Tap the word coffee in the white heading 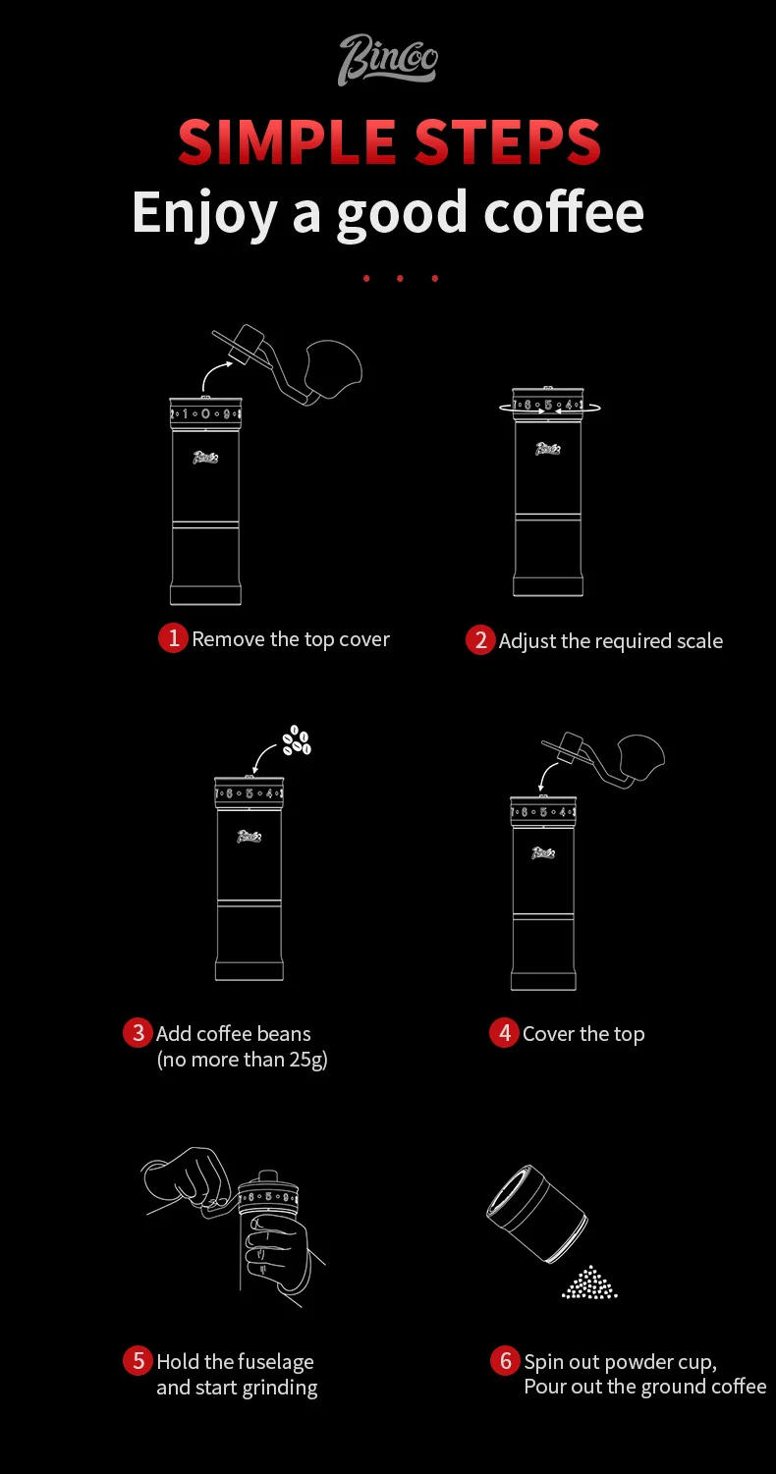tap(564, 212)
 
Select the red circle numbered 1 tap(173, 638)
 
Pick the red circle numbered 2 tap(480, 640)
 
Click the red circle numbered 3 tap(138, 1033)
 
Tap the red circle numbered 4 tap(504, 1033)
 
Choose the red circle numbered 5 tap(138, 1361)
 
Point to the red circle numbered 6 tap(505, 1361)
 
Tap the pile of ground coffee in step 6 tap(589, 1283)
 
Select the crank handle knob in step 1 tap(334, 367)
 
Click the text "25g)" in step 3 tap(305, 1060)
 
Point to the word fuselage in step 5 tap(274, 1362)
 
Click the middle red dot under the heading tap(400, 279)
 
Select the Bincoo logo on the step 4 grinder tap(543, 852)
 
